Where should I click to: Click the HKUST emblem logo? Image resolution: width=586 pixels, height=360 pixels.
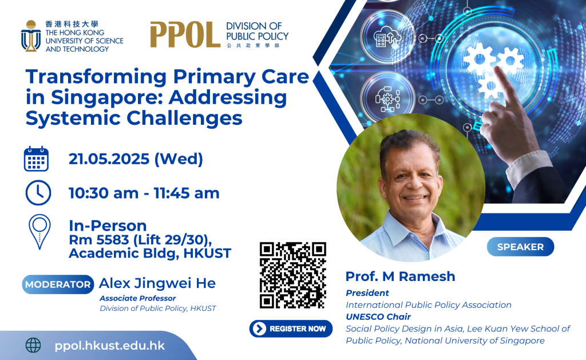(31, 36)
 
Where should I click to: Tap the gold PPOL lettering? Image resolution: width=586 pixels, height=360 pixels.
(185, 34)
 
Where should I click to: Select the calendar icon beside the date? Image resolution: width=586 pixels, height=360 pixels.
(36, 159)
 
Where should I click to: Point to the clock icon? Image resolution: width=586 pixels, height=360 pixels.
(38, 193)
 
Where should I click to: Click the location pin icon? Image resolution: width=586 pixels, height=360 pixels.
(39, 231)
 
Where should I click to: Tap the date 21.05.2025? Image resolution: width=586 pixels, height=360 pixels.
(109, 159)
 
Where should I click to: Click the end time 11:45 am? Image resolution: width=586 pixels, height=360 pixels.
(187, 193)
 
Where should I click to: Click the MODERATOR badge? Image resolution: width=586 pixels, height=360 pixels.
(58, 284)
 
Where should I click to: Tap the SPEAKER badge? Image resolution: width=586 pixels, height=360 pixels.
(520, 247)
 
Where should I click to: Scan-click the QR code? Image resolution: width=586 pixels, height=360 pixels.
(292, 275)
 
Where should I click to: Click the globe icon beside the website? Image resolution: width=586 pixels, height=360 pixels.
(33, 345)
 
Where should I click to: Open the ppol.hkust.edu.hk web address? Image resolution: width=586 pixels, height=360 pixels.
(109, 346)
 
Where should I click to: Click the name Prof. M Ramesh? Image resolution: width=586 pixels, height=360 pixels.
(400, 276)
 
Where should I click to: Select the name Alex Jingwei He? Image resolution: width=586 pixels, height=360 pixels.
(157, 283)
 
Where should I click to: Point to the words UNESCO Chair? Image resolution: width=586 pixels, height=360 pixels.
(378, 317)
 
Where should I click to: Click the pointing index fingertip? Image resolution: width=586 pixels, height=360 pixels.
(498, 70)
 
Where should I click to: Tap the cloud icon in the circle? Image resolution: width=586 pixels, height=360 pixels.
(388, 37)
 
